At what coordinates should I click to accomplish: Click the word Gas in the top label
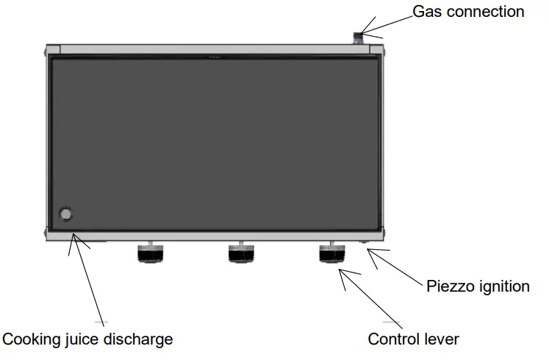pos(425,12)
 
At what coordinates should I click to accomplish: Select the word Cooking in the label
pos(30,339)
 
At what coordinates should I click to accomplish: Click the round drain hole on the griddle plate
pos(66,214)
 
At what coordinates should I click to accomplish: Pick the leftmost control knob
pos(150,253)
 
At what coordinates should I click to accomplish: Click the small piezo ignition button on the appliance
pos(363,242)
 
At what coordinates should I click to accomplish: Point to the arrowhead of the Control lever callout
pos(340,271)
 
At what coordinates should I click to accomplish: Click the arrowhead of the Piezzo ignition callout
pos(370,251)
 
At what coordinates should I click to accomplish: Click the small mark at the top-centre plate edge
pos(215,54)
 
